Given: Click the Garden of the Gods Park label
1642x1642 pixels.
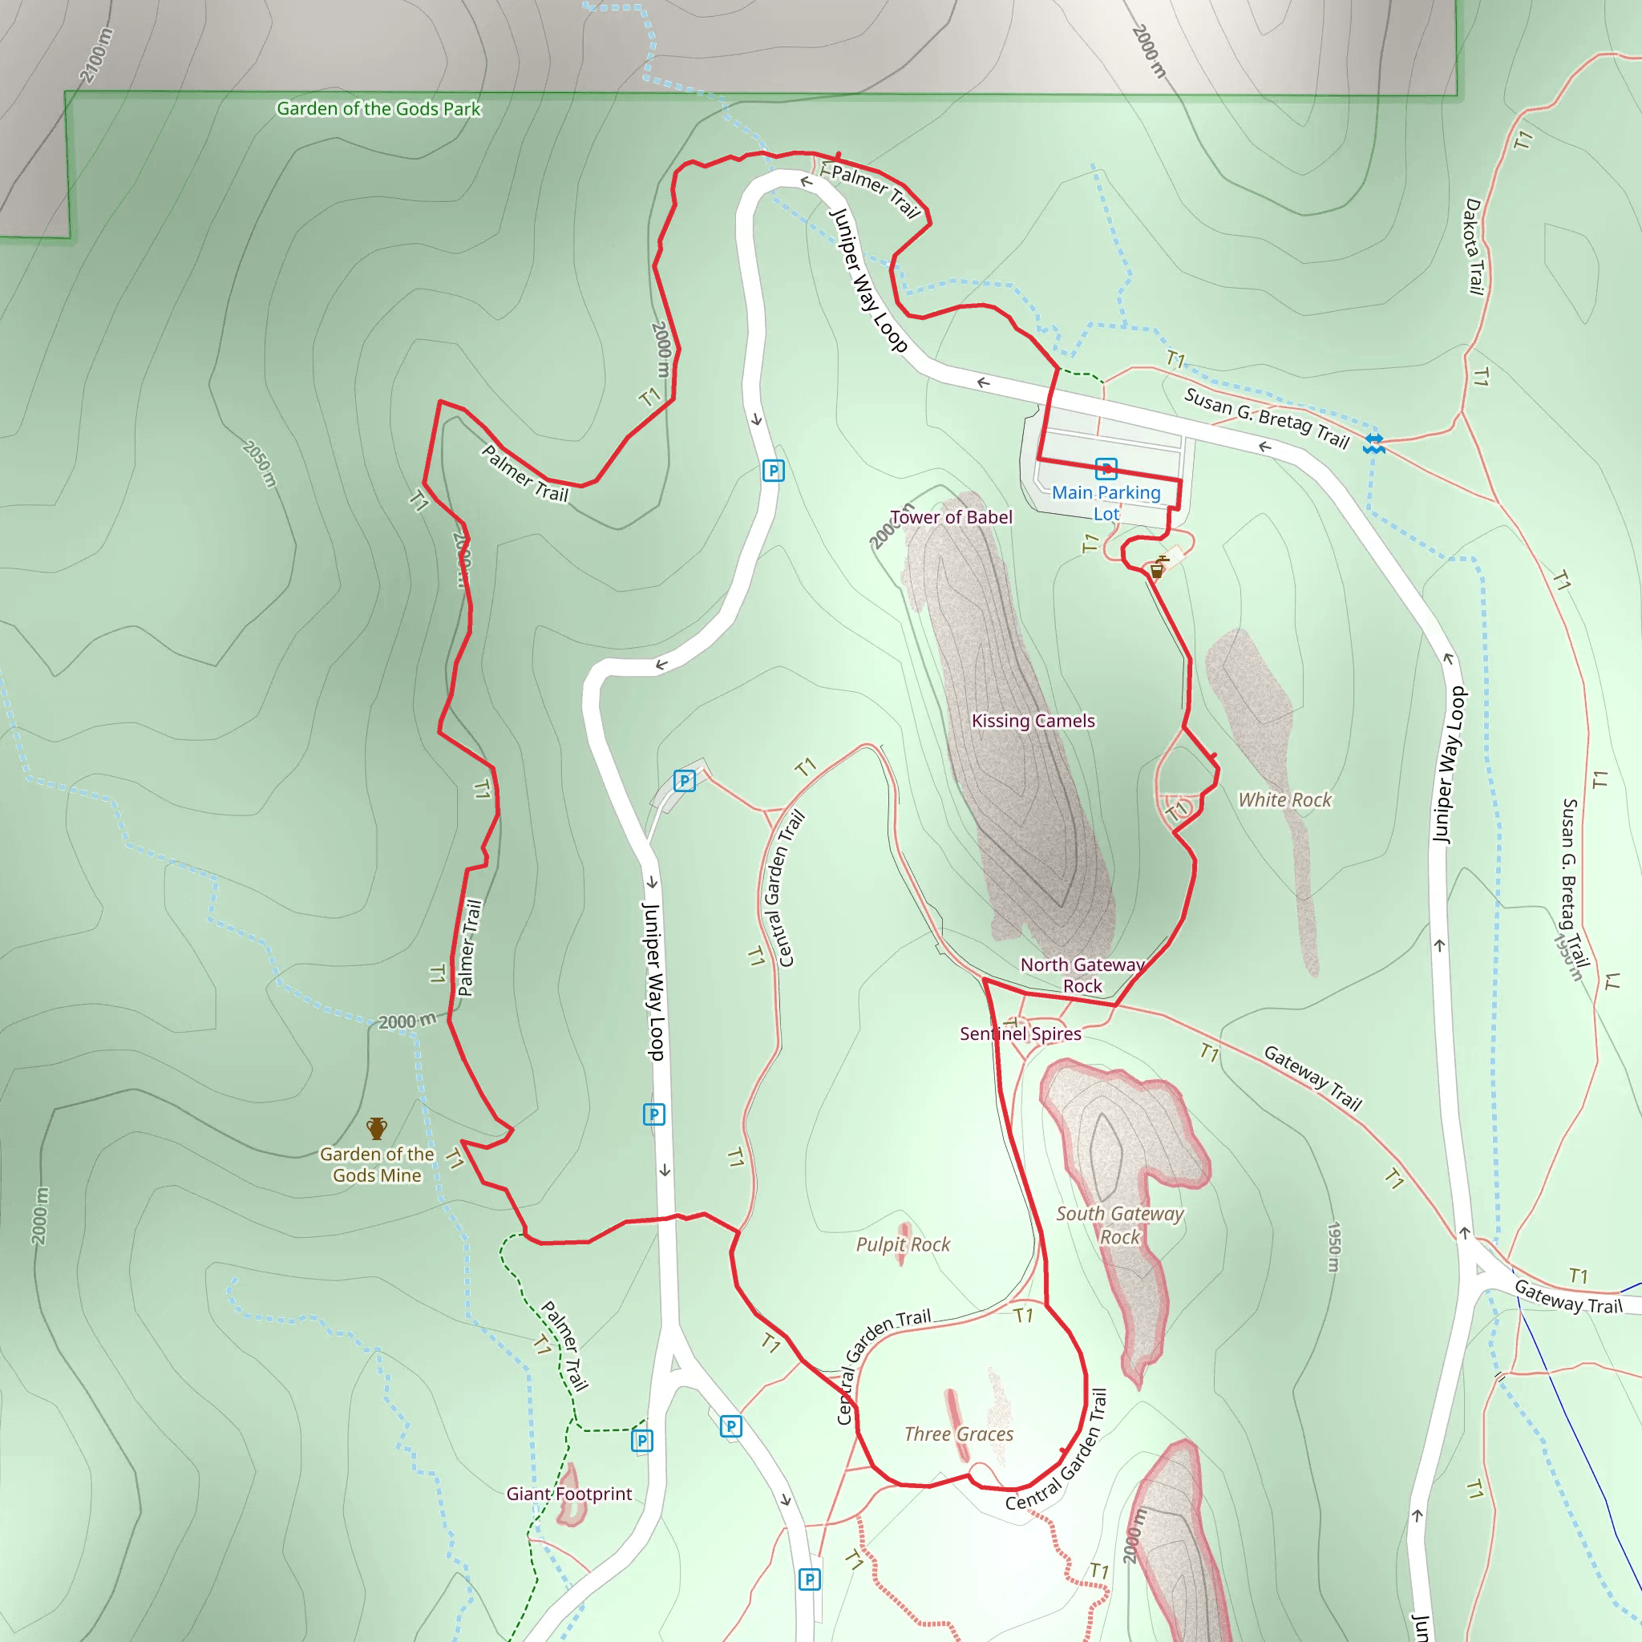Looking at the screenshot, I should tap(378, 109).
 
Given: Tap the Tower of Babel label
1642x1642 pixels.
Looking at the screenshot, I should tap(951, 517).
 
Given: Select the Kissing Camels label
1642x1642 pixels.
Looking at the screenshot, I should tap(1033, 721).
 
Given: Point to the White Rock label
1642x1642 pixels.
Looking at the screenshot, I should tap(1284, 799).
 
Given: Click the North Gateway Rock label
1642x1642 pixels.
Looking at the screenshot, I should tap(1082, 975).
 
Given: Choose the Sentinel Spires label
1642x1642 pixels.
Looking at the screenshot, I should tap(1020, 1033).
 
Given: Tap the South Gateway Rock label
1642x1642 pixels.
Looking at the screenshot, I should tap(1119, 1225).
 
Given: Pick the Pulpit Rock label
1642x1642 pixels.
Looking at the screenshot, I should tap(903, 1244).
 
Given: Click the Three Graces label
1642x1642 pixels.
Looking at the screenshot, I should tap(959, 1434).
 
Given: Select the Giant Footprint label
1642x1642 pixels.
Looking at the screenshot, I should tap(568, 1493).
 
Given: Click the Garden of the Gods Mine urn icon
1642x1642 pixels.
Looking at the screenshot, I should tap(377, 1129).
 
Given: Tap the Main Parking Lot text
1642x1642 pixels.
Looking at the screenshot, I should tap(1106, 502).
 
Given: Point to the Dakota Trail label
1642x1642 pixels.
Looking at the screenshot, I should tap(1474, 246).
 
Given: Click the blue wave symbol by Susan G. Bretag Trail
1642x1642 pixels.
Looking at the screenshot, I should tap(1374, 443).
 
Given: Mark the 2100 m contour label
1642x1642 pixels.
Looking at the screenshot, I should tap(96, 56).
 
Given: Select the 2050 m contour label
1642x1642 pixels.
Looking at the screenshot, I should tap(260, 463).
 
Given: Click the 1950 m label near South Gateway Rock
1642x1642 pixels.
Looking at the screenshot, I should tap(1334, 1247).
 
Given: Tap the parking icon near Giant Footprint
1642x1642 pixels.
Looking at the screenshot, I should tap(642, 1440).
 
